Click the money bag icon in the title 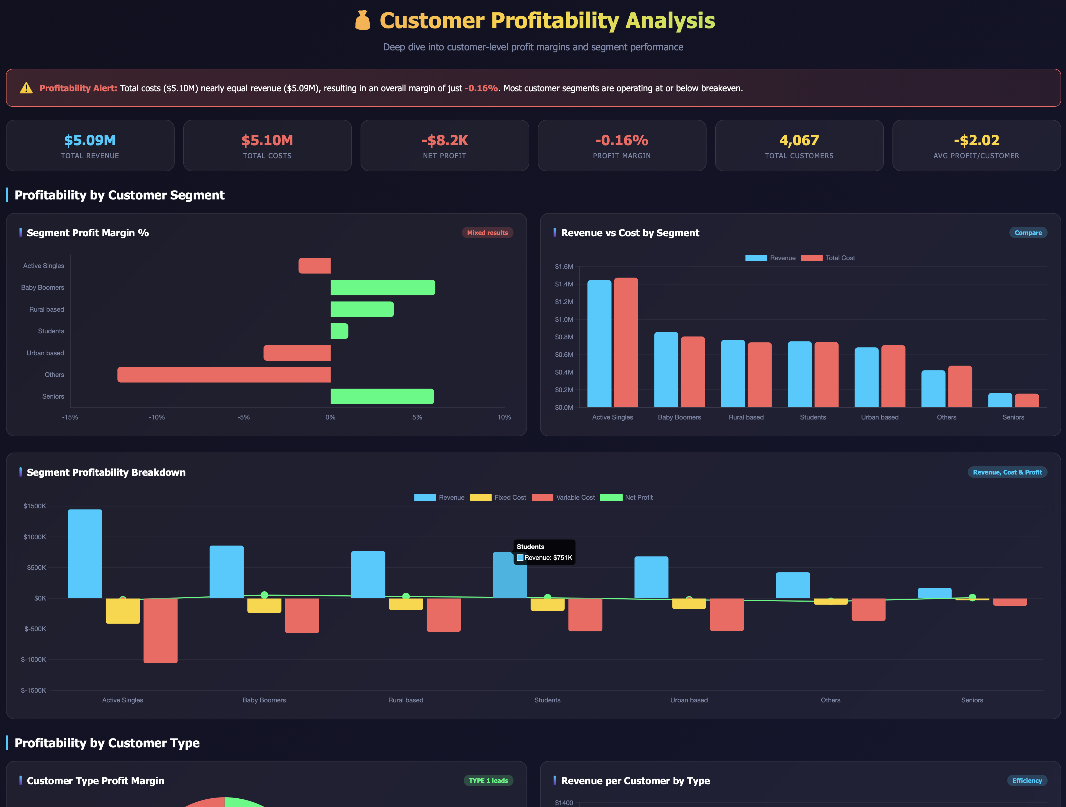362,21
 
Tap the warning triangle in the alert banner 26,88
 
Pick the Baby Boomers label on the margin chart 42,288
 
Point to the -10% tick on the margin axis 157,417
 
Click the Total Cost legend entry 828,258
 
